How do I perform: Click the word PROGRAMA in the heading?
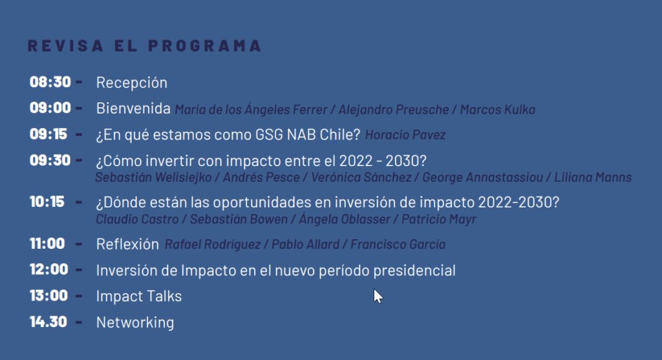point(205,46)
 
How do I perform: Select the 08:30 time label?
point(50,82)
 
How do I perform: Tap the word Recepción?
point(132,83)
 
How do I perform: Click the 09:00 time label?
point(50,108)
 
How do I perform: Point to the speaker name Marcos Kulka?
point(497,110)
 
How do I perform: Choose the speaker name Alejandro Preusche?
point(394,110)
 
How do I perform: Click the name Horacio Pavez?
point(405,135)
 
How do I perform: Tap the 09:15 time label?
point(48,134)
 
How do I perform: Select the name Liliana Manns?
point(593,177)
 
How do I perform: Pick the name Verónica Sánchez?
point(361,177)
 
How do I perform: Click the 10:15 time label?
point(47,202)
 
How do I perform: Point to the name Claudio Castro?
point(137,220)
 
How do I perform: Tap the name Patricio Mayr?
point(439,220)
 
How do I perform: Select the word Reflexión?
point(127,244)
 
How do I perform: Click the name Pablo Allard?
point(305,244)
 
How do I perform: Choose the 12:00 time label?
point(49,270)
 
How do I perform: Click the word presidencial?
point(414,271)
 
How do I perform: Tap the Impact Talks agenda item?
point(139,296)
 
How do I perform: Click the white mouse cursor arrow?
point(378,296)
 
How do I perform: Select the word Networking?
point(135,323)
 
